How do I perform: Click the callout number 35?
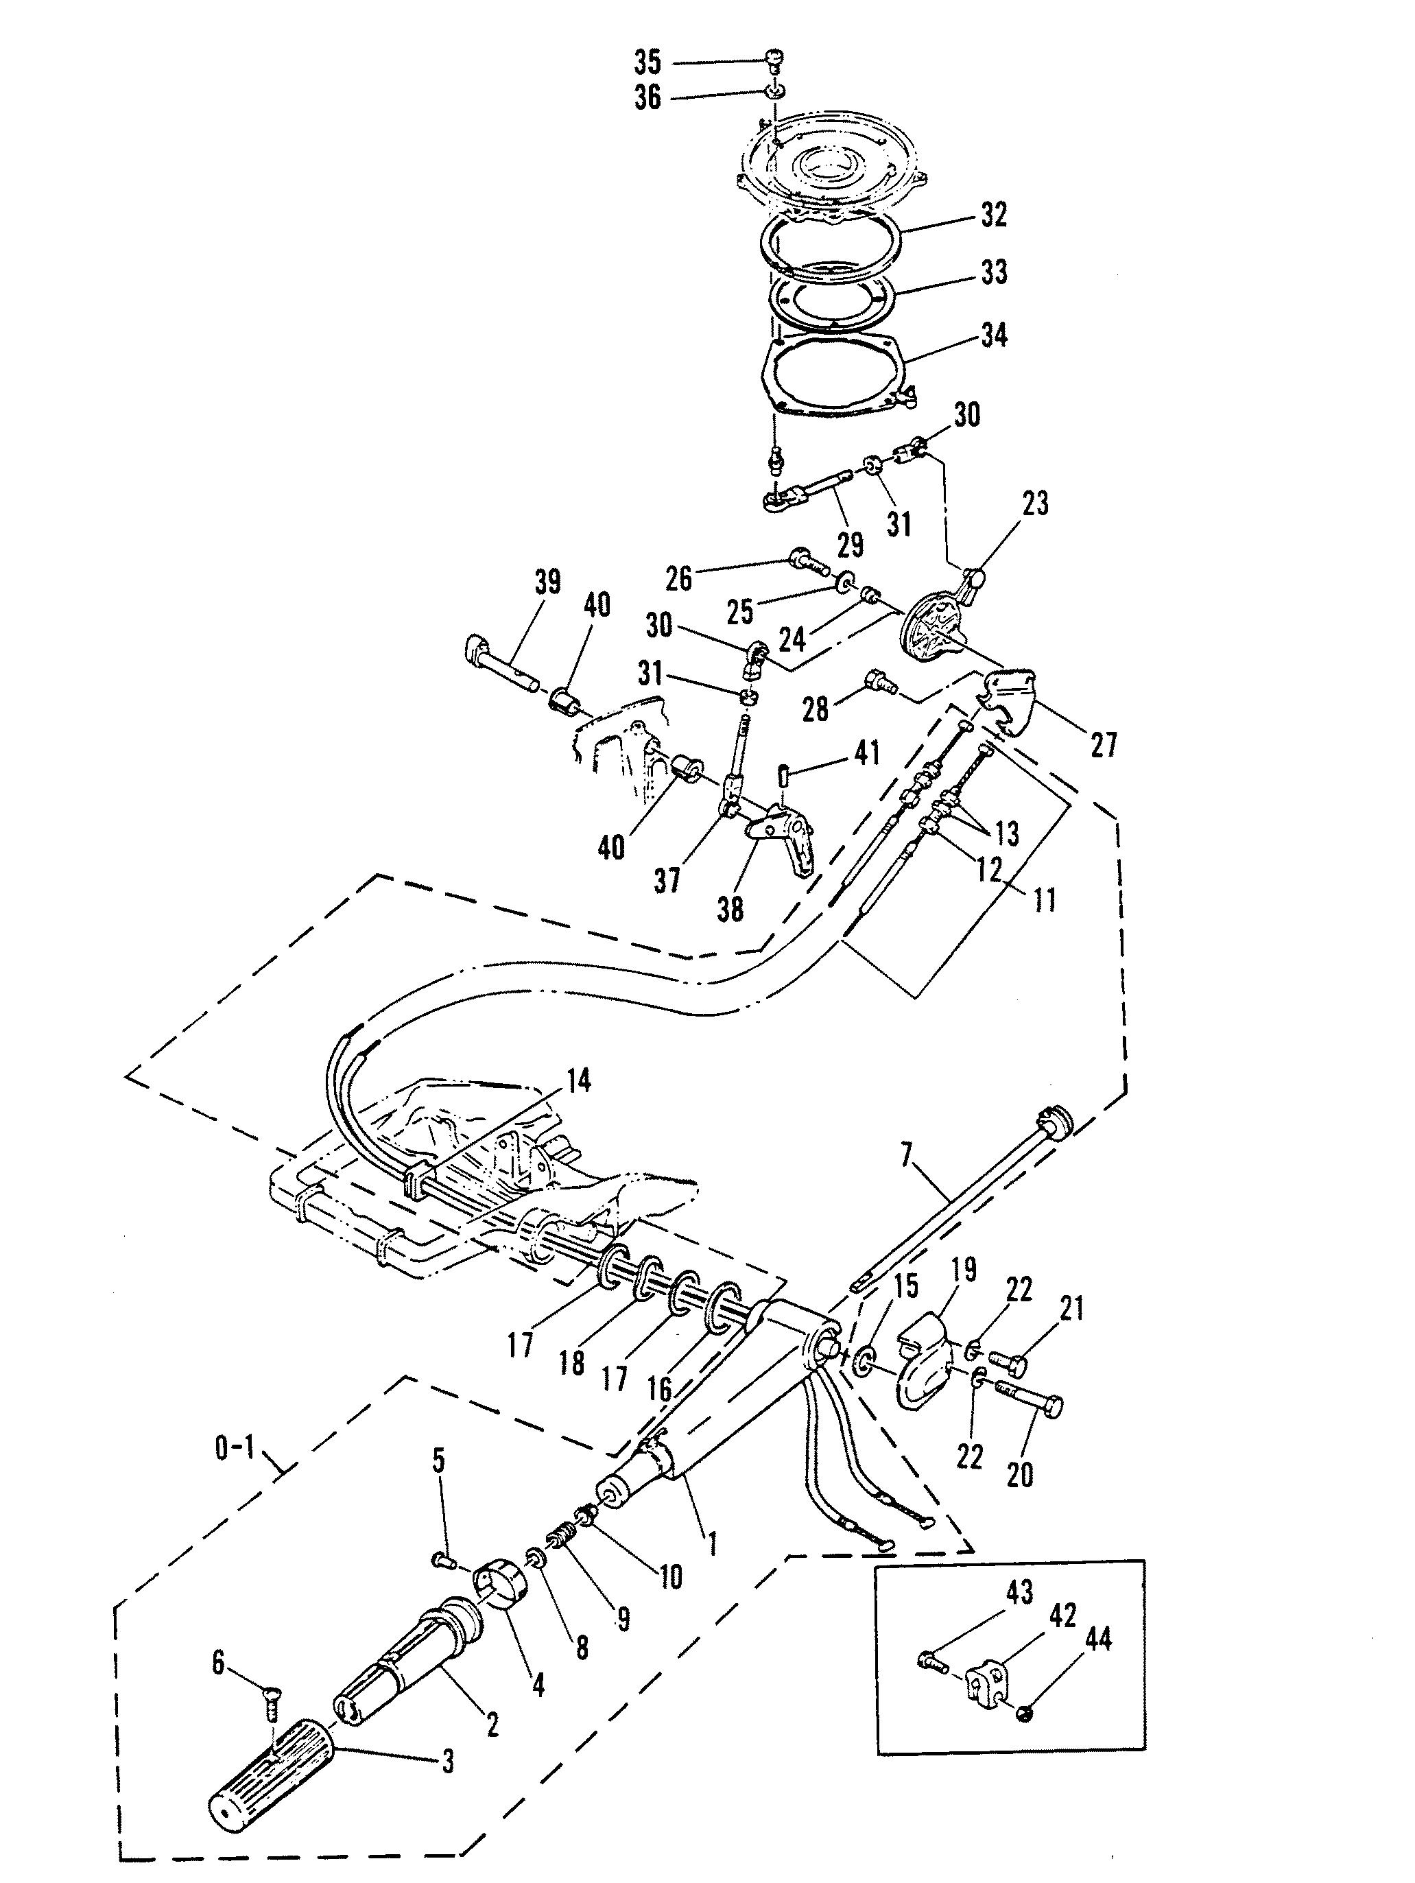click(647, 62)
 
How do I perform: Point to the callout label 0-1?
click(236, 1449)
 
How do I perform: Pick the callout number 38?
click(730, 909)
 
